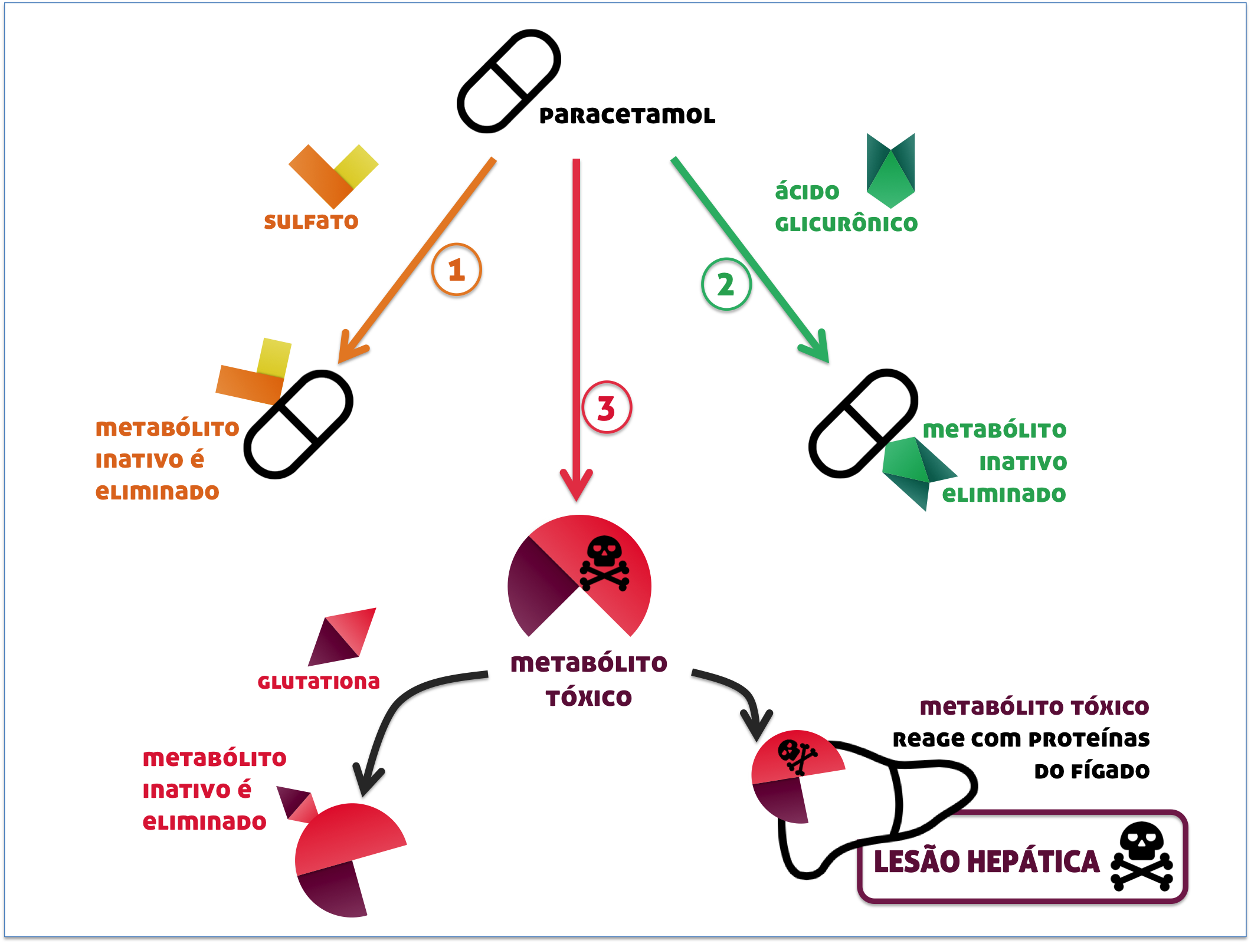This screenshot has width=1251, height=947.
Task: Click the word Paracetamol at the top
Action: coord(627,116)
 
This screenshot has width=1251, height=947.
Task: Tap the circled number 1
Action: coord(457,270)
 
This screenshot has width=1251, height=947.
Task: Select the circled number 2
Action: coord(726,285)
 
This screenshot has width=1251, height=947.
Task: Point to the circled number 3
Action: coord(607,408)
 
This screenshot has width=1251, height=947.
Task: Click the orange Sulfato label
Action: coord(311,222)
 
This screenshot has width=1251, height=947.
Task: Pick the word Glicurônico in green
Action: coord(846,224)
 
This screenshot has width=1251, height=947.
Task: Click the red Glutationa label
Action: coord(319,682)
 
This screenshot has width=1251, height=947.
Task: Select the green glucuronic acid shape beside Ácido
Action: coord(891,171)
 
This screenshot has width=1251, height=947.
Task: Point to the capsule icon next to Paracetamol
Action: coord(509,81)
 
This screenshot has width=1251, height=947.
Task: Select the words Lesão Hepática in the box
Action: coord(987,861)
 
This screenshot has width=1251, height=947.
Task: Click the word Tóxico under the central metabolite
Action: coord(588,699)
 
